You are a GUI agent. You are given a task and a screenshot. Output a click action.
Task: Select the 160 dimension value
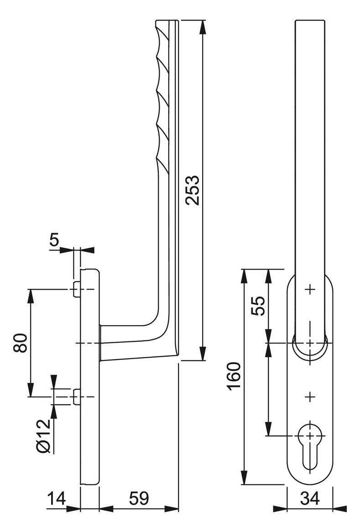point(235,376)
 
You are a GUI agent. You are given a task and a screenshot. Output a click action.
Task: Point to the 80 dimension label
point(21,343)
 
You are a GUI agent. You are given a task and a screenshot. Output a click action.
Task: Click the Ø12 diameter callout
point(43,436)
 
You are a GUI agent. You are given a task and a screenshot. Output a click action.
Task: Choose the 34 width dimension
point(310,499)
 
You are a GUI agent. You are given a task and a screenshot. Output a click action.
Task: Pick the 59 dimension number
point(139,499)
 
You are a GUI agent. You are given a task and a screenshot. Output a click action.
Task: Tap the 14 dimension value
point(56,499)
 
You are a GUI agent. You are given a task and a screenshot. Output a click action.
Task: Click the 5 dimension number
point(54,240)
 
